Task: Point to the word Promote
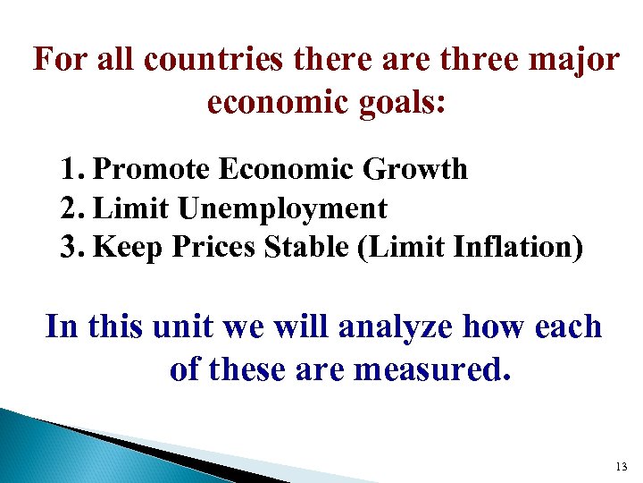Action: click(151, 169)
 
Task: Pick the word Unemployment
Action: click(281, 209)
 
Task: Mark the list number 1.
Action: click(72, 169)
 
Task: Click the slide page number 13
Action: click(622, 467)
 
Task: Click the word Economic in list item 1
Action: click(284, 169)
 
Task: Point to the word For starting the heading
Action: click(59, 61)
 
